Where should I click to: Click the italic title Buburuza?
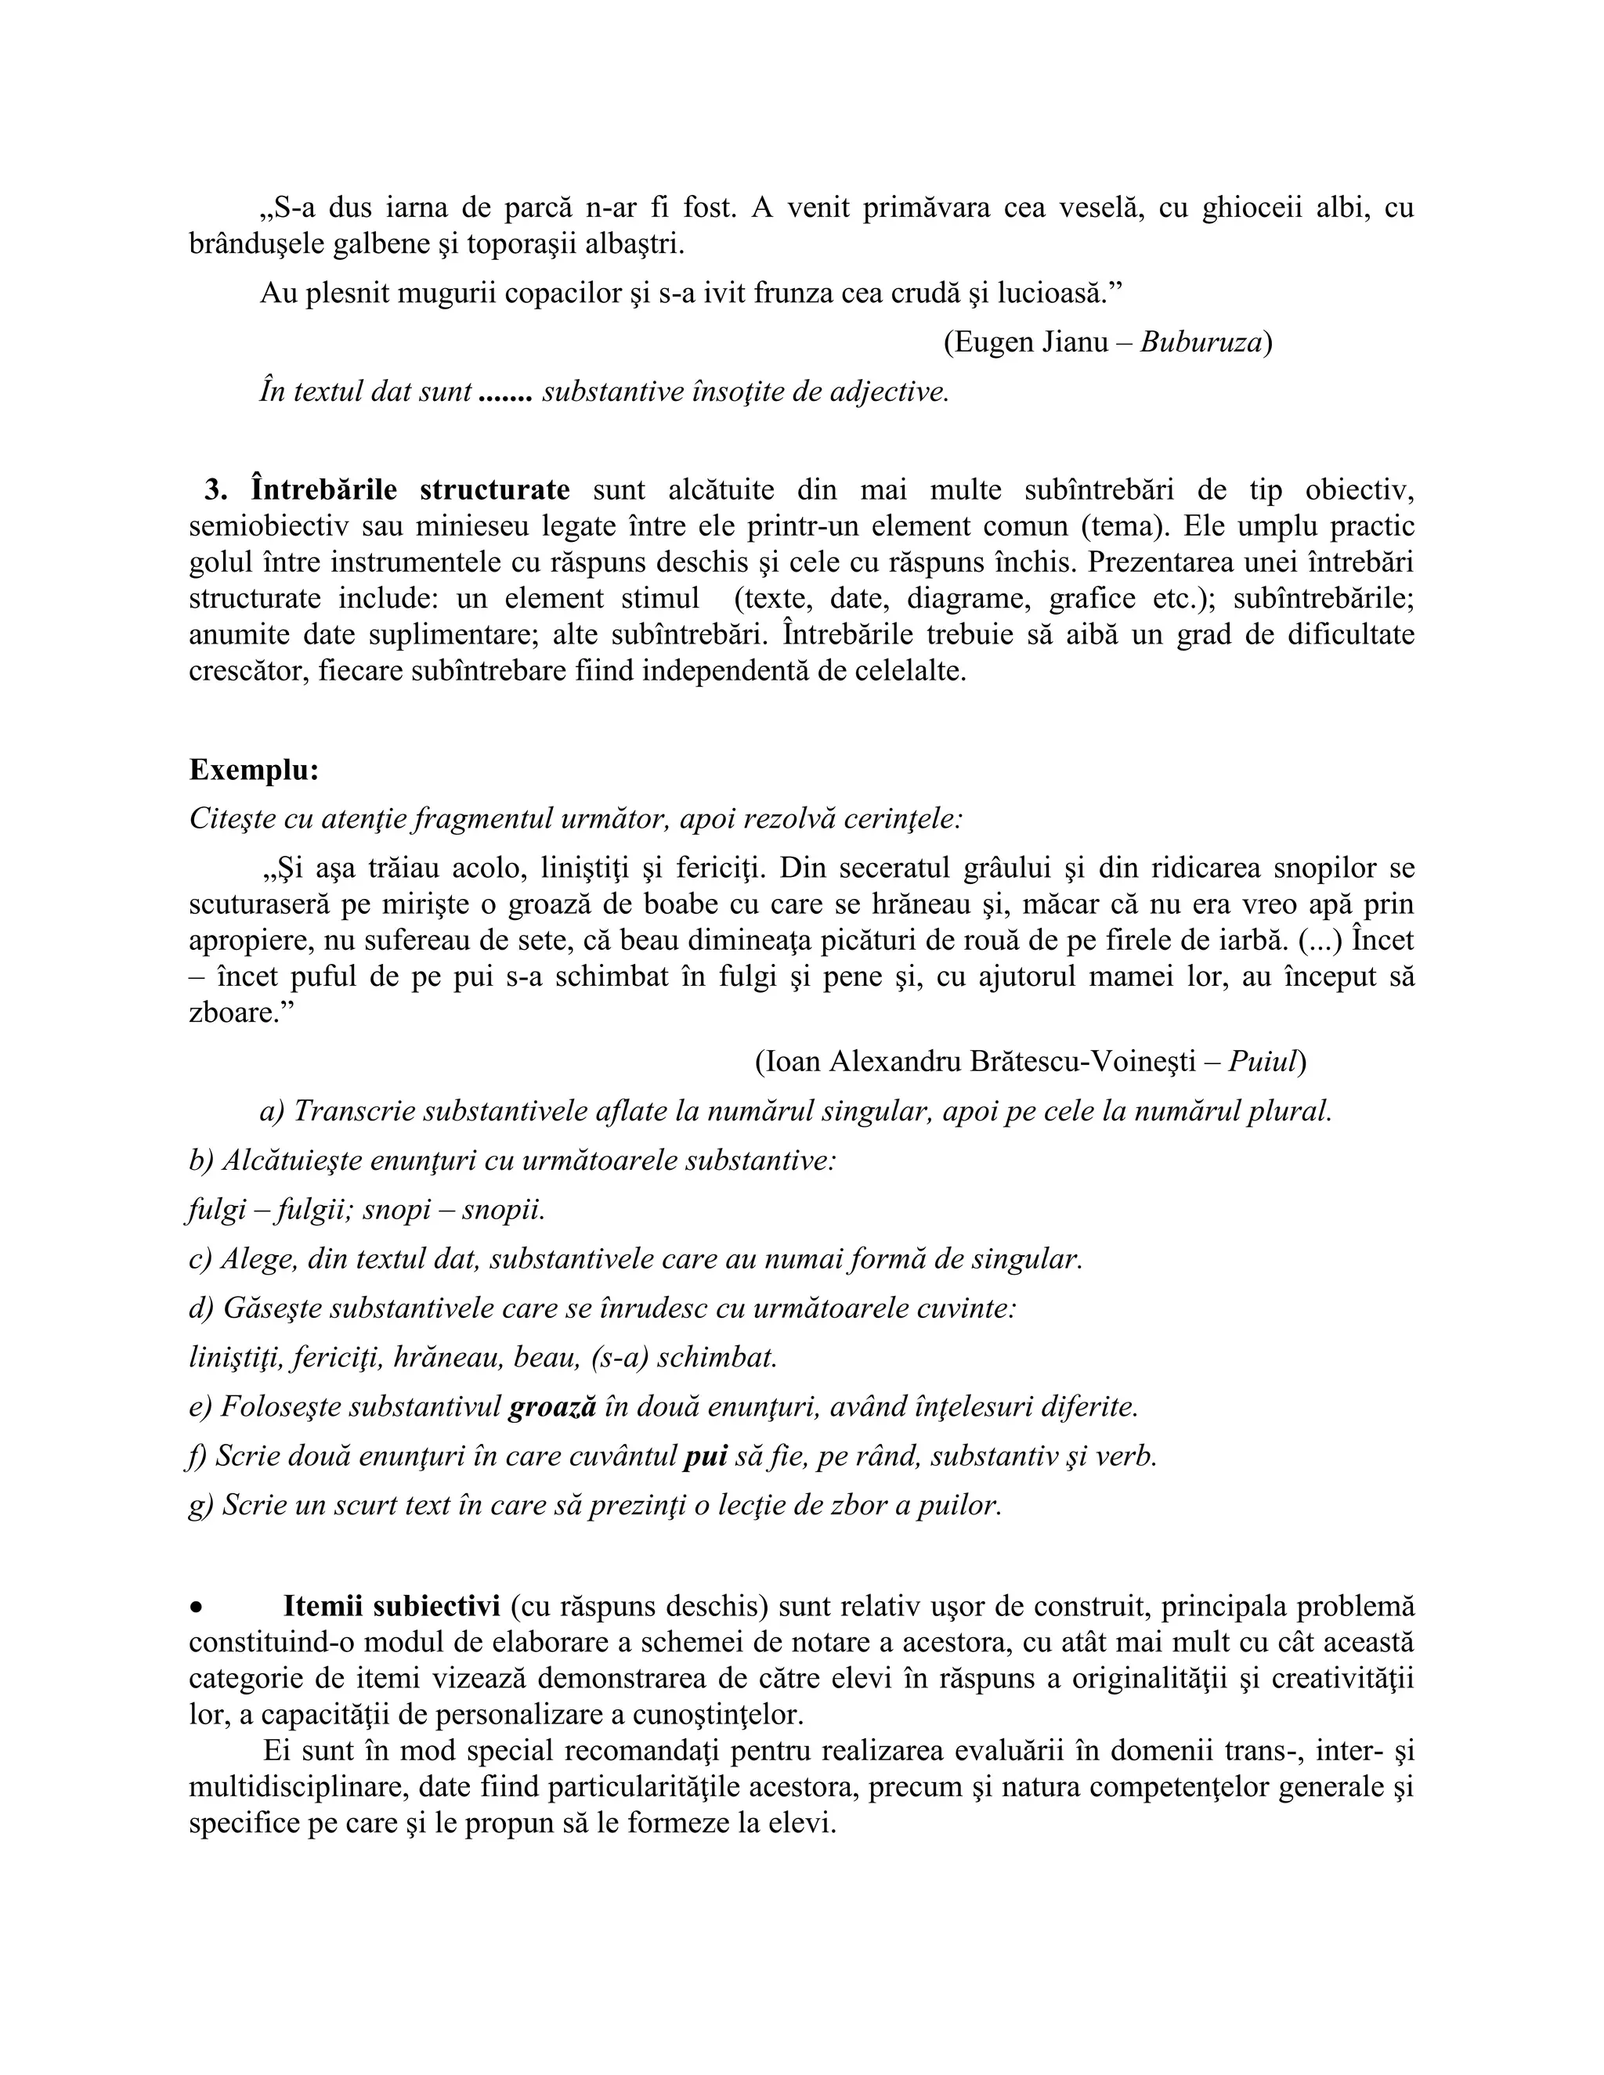pos(1200,342)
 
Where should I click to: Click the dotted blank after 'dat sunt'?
pos(504,392)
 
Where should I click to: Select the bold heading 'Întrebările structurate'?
pos(410,490)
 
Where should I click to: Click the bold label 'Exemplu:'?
pos(254,770)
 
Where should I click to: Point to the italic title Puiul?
pos(1262,1061)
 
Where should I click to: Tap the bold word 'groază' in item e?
pos(552,1407)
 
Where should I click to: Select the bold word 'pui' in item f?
pos(705,1456)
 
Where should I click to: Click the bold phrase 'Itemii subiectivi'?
pos(391,1607)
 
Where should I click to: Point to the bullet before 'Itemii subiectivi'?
pos(197,1608)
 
